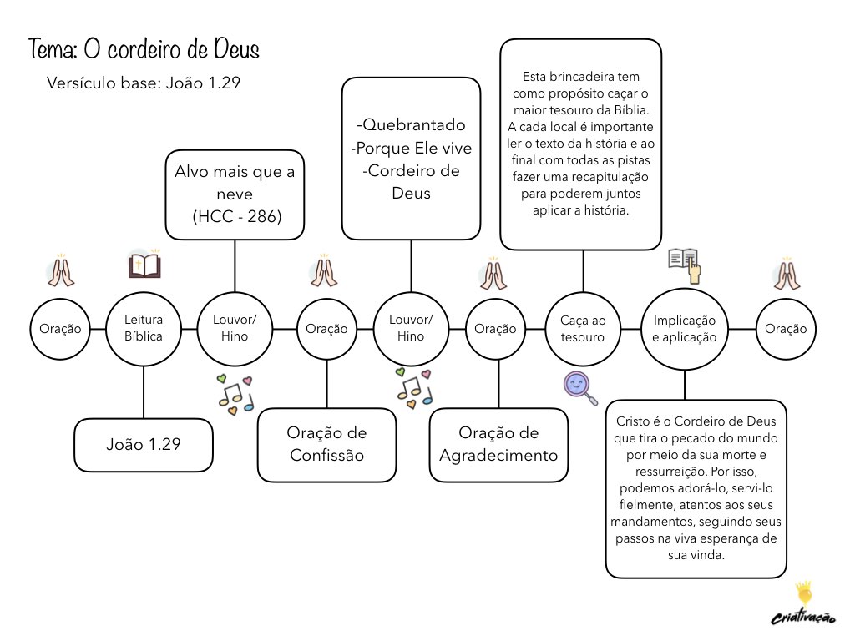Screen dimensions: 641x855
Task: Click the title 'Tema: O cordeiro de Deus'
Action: click(144, 49)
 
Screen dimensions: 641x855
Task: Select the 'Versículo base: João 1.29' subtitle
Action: click(144, 83)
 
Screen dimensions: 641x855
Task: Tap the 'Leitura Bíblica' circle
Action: click(144, 329)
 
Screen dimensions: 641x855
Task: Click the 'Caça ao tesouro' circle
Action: click(582, 329)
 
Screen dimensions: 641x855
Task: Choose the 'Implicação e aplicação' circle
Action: click(685, 329)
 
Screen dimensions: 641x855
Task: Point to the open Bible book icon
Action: click(144, 266)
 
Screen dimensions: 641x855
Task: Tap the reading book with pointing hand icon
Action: click(685, 264)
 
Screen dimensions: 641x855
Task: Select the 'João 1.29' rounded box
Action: click(144, 445)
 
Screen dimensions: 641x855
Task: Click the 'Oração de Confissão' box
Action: click(326, 445)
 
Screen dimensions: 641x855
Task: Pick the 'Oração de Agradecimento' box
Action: click(498, 445)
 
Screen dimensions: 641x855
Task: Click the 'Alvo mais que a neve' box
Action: click(235, 194)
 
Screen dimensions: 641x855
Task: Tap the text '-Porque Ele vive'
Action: click(412, 149)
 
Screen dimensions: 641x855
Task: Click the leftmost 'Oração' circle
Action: click(60, 329)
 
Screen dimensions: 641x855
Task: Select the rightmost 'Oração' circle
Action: click(786, 329)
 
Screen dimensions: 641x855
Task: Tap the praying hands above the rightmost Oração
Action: click(786, 275)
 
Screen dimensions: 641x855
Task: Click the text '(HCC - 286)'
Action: click(236, 216)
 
